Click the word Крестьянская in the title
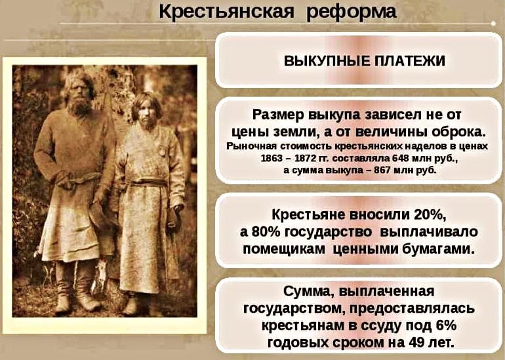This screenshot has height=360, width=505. click(x=226, y=12)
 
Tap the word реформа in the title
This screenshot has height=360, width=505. click(x=351, y=13)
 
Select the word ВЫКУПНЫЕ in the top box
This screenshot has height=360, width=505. click(x=325, y=61)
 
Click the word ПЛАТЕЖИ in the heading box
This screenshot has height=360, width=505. click(x=407, y=61)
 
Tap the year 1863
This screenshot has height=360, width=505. click(x=270, y=159)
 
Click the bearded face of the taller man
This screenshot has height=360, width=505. click(x=79, y=93)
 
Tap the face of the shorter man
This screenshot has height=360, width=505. click(x=146, y=113)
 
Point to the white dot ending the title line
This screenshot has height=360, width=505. click(x=493, y=24)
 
